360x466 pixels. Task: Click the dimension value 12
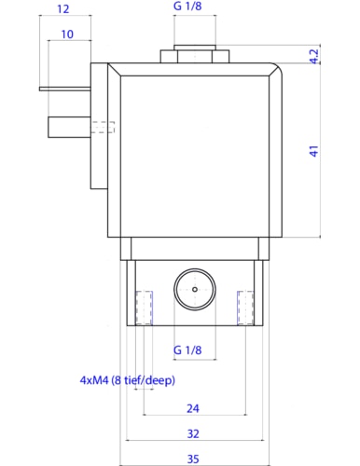[x=63, y=8]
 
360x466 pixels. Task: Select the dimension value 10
[x=67, y=34]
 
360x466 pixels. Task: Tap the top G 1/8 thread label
[x=187, y=6]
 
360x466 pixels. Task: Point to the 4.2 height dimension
[x=314, y=56]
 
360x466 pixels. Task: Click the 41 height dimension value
[x=314, y=151]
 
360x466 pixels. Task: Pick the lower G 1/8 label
[x=187, y=350]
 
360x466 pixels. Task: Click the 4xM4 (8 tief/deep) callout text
[x=128, y=380]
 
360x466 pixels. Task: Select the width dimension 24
[x=193, y=408]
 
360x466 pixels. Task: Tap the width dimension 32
[x=193, y=433]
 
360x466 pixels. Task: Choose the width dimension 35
[x=193, y=459]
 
